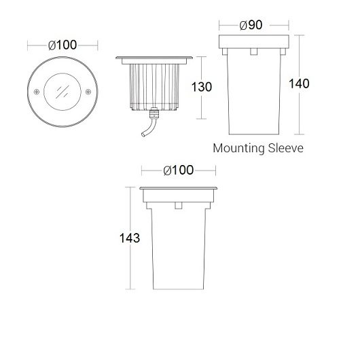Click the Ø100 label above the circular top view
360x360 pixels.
pos(62,46)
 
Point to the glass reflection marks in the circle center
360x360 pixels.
pos(62,90)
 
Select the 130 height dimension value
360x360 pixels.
pos(202,88)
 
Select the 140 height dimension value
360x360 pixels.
pos(299,84)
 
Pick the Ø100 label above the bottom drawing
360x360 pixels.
pos(178,170)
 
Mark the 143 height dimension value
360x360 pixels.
pos(129,238)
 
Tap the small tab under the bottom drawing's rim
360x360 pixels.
pos(178,205)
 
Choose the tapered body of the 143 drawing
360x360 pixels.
pos(178,251)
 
